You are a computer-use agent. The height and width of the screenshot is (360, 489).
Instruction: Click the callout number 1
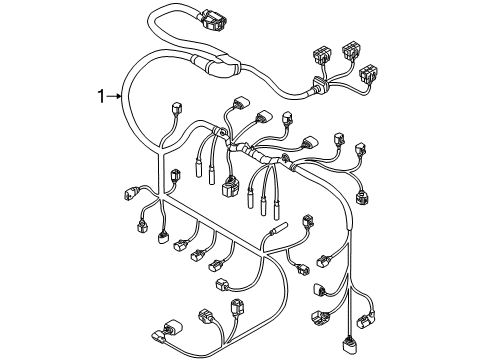coord(101,96)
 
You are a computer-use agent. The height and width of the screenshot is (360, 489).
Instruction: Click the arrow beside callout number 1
coord(114,96)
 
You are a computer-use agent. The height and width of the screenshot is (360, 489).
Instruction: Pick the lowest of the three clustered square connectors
coord(368,72)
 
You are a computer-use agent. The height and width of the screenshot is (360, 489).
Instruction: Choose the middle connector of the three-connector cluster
coord(351,50)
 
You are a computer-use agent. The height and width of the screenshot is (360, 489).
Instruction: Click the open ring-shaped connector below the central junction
coord(230,187)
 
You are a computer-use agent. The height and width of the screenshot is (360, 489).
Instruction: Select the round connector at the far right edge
coord(362,197)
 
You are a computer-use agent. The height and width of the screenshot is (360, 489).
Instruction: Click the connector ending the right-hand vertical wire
coord(349,348)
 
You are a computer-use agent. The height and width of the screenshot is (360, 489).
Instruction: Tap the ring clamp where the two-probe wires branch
coord(219,130)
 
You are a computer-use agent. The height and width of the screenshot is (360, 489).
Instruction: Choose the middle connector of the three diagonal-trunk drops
coord(198,255)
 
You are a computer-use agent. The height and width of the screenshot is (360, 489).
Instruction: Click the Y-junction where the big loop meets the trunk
coord(159,151)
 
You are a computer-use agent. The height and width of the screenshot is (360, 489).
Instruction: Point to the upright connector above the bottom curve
coord(237,307)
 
